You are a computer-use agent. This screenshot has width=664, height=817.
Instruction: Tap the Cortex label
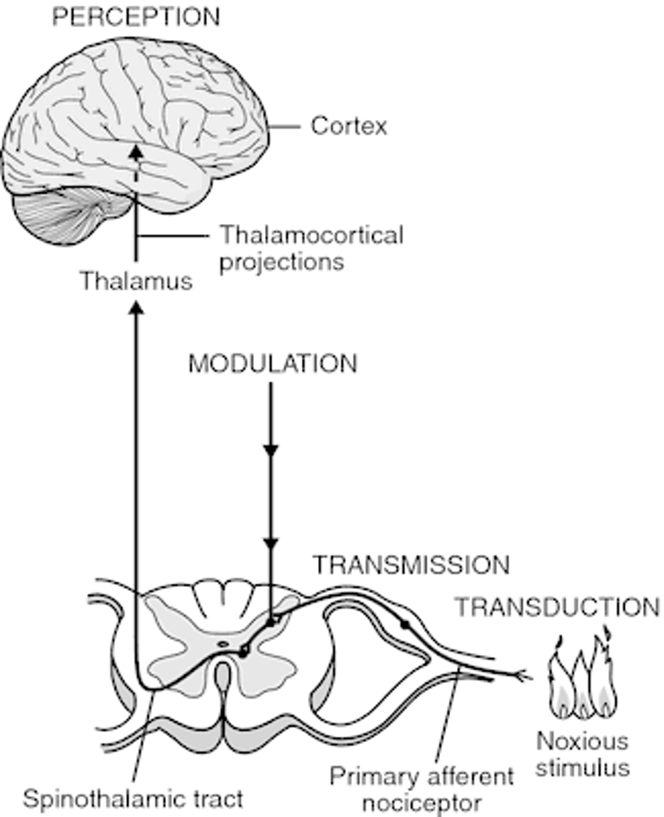[x=349, y=126]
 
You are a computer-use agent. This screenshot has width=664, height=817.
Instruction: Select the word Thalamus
[x=136, y=281]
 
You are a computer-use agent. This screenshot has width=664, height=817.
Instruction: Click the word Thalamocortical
[x=311, y=236]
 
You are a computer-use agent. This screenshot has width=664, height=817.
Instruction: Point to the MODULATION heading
[x=272, y=364]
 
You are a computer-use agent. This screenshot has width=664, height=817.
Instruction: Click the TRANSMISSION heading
[x=411, y=566]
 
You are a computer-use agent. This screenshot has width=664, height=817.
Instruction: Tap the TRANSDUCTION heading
[x=557, y=607]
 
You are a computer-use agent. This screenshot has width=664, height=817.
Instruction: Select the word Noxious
[x=582, y=741]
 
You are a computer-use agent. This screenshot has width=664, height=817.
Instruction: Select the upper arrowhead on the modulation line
[x=272, y=451]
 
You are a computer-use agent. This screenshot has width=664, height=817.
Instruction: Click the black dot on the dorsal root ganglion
[x=406, y=624]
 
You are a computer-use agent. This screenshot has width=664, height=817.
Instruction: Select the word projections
[x=281, y=261]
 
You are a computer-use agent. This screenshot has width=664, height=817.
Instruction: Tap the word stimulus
[x=582, y=768]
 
